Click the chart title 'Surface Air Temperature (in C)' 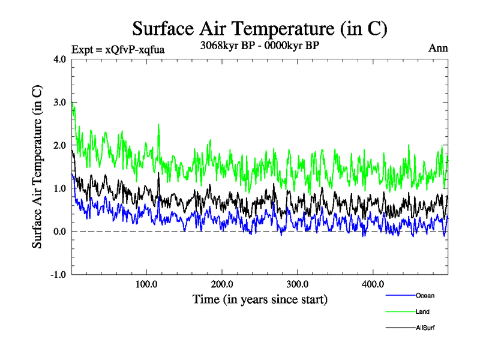click(x=260, y=28)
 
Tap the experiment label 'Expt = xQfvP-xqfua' click(x=118, y=50)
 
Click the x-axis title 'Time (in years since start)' click(x=260, y=299)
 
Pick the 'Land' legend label click(x=422, y=312)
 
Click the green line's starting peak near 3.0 click(x=73, y=103)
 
